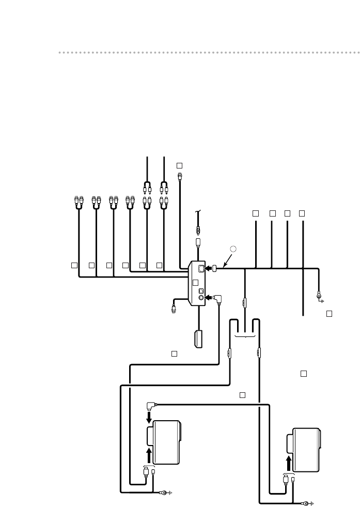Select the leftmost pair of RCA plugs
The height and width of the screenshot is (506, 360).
tap(79, 201)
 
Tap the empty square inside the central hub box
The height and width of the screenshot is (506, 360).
tap(195, 283)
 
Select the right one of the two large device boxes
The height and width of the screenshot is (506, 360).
tap(305, 450)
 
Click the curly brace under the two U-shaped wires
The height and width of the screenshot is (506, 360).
tap(245, 336)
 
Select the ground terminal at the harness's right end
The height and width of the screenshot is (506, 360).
tap(320, 297)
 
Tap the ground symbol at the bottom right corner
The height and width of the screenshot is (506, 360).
tap(308, 502)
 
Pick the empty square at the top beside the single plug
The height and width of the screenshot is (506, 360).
tap(179, 165)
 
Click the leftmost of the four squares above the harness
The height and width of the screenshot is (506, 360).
tap(255, 213)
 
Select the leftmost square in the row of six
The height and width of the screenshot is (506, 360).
tap(74, 265)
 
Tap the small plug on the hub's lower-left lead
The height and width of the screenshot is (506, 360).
tap(174, 308)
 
